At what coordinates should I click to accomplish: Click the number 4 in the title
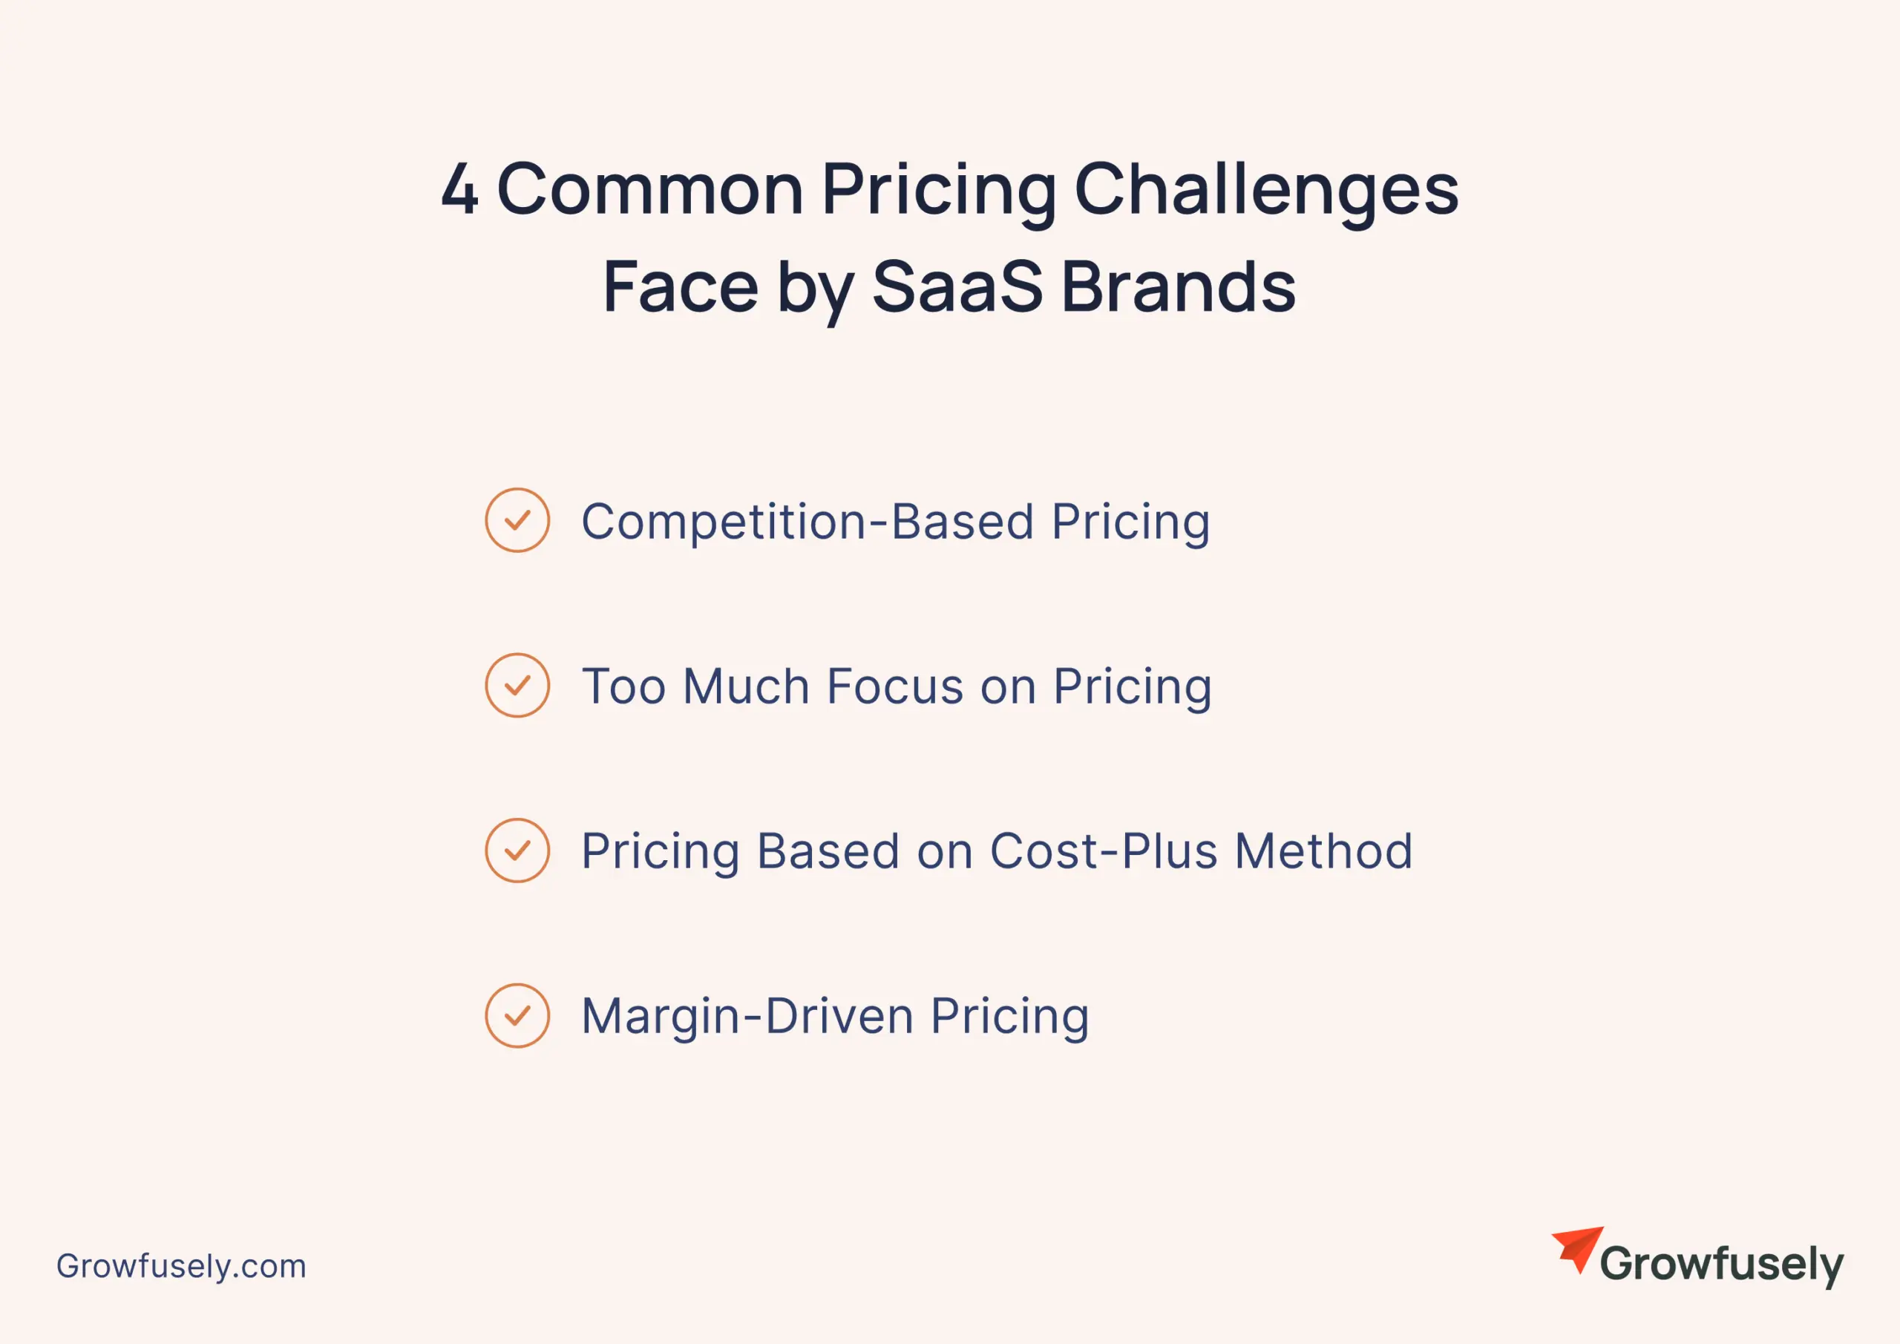coord(460,189)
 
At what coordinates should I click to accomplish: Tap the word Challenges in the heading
coord(1265,189)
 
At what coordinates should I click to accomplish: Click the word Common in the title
coord(649,189)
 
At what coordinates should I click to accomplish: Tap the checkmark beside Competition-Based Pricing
coord(517,520)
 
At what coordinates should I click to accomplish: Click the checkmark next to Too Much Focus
coord(517,685)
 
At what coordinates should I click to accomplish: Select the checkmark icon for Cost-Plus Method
coord(517,850)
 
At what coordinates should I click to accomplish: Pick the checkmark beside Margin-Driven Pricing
coord(517,1015)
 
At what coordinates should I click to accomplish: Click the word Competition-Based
coord(807,522)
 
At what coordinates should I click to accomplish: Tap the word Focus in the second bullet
coord(894,687)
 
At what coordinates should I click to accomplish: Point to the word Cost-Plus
coord(1103,851)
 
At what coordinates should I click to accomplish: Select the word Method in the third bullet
coord(1323,851)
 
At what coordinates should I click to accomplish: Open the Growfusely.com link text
coord(181,1266)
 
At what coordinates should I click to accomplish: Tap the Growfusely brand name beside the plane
coord(1721,1265)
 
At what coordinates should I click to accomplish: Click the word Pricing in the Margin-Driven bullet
coord(1009,1017)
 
